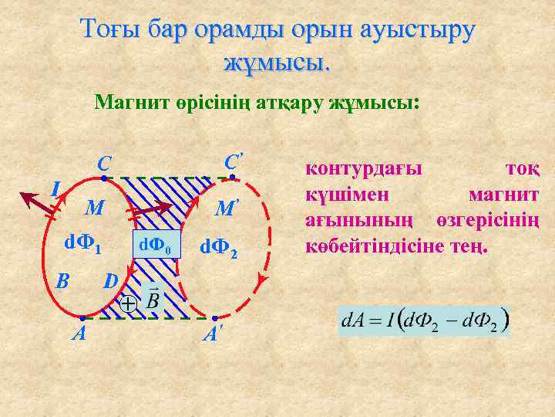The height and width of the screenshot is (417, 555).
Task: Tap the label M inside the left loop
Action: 94,208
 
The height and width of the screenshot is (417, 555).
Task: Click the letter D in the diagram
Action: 111,280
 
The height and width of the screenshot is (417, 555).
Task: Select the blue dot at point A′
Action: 214,318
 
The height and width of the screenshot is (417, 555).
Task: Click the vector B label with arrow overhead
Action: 152,297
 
